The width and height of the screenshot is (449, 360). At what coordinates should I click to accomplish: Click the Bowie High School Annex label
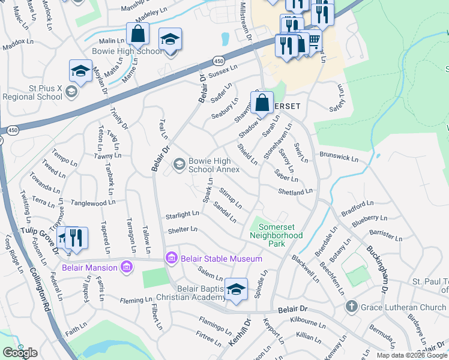[209, 166]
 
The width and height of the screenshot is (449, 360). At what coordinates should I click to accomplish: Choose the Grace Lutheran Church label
[403, 308]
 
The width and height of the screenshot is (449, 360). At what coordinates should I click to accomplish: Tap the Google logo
[20, 353]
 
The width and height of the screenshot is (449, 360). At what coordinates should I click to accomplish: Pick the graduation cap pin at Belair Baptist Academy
[237, 290]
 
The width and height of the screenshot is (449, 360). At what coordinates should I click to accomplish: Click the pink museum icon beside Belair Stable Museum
[172, 259]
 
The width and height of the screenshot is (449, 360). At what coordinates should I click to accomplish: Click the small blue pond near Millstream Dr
[225, 40]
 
